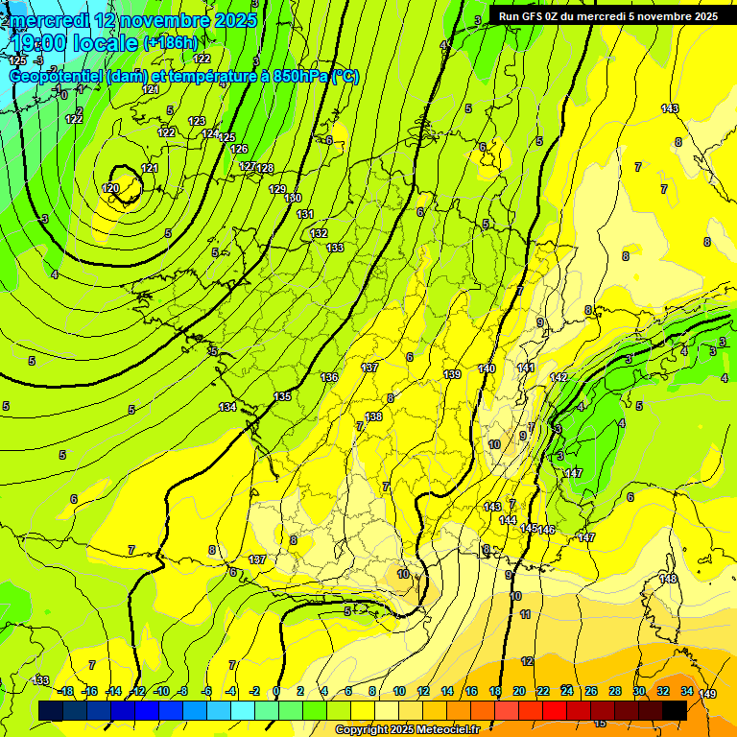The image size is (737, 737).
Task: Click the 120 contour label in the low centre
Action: tap(110, 188)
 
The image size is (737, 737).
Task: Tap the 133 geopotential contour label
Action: tap(335, 248)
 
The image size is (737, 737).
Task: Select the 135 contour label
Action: tap(282, 396)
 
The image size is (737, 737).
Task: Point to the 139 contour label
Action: tap(452, 374)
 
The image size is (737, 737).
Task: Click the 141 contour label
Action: tap(526, 368)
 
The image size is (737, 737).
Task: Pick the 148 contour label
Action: tap(668, 579)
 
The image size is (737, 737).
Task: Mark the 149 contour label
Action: tap(707, 694)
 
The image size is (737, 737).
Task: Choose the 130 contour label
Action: tap(293, 198)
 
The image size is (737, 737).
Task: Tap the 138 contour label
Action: tap(373, 416)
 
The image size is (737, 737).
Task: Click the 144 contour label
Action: tap(508, 520)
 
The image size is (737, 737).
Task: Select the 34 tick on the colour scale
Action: tap(686, 691)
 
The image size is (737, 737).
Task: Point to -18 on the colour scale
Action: tap(66, 691)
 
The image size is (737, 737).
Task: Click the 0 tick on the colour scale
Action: tap(276, 691)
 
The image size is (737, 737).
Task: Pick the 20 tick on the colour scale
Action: tap(518, 691)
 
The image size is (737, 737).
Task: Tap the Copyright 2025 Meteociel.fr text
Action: tap(407, 729)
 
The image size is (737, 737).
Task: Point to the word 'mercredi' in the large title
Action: tap(48, 19)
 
